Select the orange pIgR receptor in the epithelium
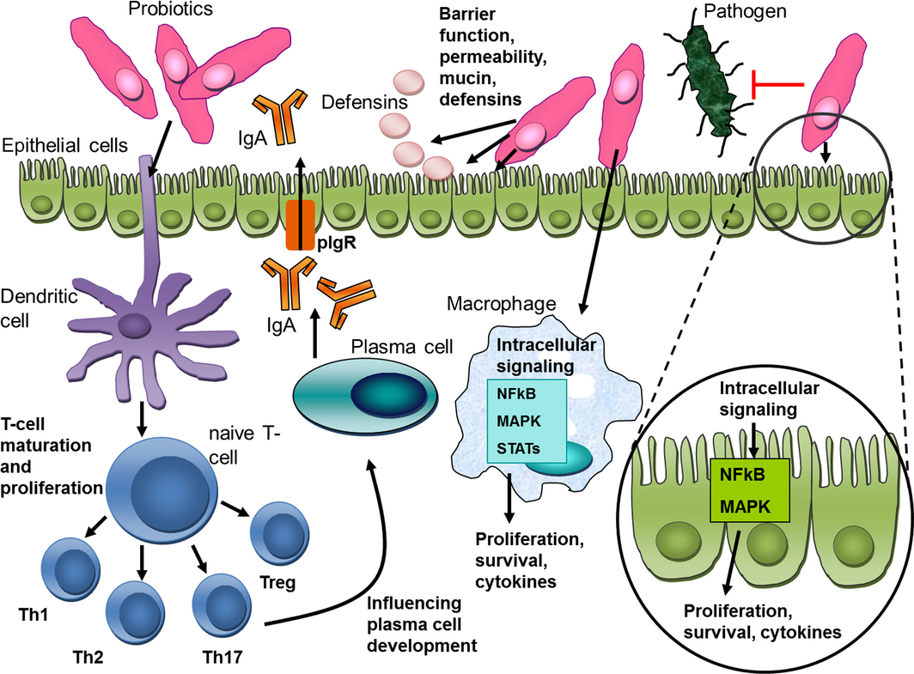coord(301,226)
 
